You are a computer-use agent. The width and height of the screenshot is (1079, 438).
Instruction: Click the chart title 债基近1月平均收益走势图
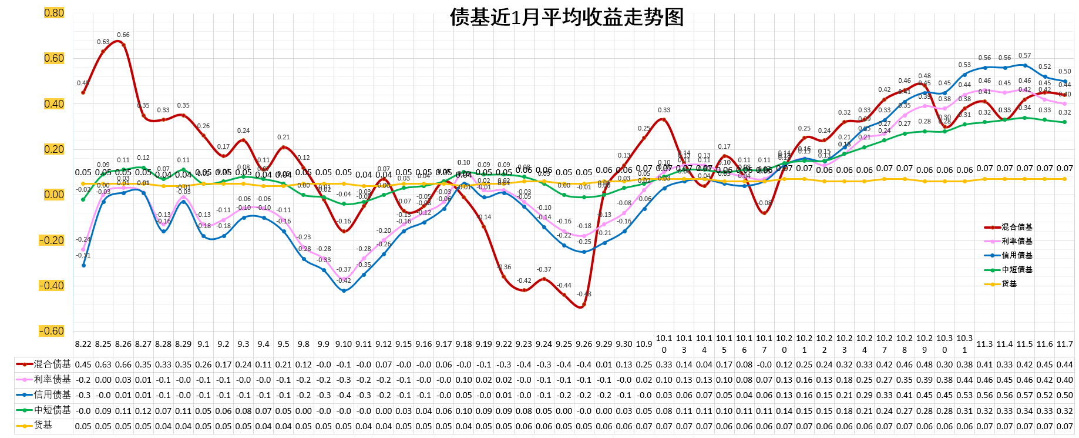[x=567, y=17]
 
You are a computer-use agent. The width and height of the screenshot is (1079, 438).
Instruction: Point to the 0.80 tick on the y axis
[x=54, y=13]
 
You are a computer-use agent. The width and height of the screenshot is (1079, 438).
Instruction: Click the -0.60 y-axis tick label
[x=52, y=331]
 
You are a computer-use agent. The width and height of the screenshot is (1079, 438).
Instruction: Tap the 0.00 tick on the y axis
[x=54, y=195]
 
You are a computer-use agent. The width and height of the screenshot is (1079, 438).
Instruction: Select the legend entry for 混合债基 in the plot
[x=1017, y=227]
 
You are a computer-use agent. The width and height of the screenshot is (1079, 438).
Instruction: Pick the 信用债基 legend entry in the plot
[x=1017, y=255]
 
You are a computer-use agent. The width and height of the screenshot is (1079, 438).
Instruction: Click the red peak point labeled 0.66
[x=123, y=45]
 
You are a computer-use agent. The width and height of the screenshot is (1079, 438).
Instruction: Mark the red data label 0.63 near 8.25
[x=103, y=42]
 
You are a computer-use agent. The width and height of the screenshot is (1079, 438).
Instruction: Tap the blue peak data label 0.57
[x=1024, y=56]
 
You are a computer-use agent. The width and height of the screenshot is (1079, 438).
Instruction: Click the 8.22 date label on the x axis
[x=83, y=344]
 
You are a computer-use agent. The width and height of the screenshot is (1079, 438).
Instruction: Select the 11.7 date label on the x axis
[x=1064, y=344]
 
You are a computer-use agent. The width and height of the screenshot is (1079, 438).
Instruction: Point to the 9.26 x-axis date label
[x=584, y=344]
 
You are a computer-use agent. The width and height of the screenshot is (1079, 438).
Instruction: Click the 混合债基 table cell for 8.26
[x=123, y=365]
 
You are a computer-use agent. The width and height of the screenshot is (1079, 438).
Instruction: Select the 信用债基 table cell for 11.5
[x=1024, y=395]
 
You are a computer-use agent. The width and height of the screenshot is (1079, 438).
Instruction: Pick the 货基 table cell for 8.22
[x=83, y=425]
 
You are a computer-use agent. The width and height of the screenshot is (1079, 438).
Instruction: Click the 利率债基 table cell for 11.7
[x=1064, y=380]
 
